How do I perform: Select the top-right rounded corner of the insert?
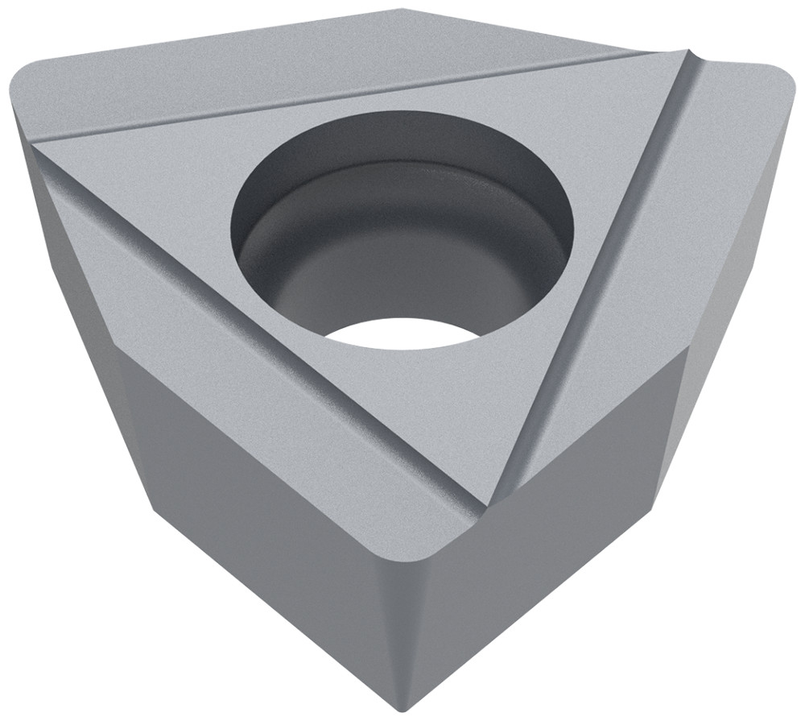pos(769,89)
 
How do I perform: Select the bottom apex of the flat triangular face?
pos(487,503)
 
